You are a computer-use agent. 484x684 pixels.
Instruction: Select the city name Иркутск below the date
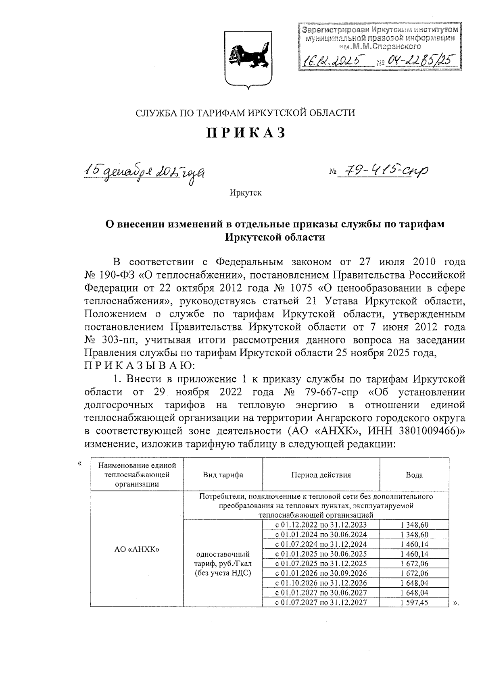pyautogui.click(x=246, y=193)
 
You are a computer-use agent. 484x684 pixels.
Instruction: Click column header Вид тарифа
pyautogui.click(x=223, y=475)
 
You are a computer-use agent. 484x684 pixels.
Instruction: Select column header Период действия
pyautogui.click(x=321, y=475)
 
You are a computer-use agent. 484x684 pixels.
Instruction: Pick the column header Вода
pyautogui.click(x=414, y=475)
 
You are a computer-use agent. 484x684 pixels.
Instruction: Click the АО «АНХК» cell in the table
pyautogui.click(x=137, y=549)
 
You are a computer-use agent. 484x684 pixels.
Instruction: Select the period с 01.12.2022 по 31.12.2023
pyautogui.click(x=321, y=525)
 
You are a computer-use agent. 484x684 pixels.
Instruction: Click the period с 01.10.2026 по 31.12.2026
pyautogui.click(x=321, y=583)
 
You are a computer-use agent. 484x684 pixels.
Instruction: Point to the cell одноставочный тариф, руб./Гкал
pyautogui.click(x=223, y=563)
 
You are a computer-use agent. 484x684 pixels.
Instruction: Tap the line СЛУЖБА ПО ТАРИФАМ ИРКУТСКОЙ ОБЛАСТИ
pyautogui.click(x=246, y=113)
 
